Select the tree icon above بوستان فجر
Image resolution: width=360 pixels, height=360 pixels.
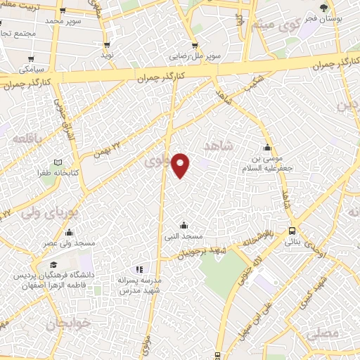[x=323, y=8]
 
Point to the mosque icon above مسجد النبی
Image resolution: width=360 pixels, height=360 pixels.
[x=184, y=225]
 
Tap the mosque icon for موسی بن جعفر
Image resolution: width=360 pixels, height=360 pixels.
[x=266, y=148]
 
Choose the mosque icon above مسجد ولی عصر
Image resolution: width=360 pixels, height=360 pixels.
[x=69, y=232]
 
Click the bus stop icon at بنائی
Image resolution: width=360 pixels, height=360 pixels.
[x=292, y=231]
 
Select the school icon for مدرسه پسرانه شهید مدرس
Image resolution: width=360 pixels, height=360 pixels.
[x=139, y=269]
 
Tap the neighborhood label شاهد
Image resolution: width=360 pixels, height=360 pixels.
[x=217, y=146]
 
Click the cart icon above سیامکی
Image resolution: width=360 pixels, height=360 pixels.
[x=30, y=58]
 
